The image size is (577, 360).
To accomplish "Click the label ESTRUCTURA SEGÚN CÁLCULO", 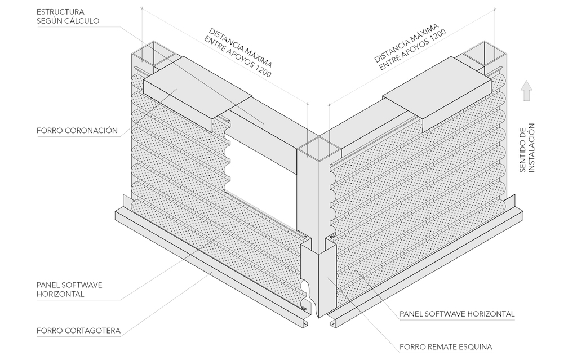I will [x=68, y=16].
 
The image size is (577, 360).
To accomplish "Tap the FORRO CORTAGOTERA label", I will [x=78, y=330].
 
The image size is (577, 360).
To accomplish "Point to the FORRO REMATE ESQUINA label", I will [x=446, y=346].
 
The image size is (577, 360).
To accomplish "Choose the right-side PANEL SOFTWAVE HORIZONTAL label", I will [x=457, y=313].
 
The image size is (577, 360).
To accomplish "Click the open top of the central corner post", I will [x=318, y=148].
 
